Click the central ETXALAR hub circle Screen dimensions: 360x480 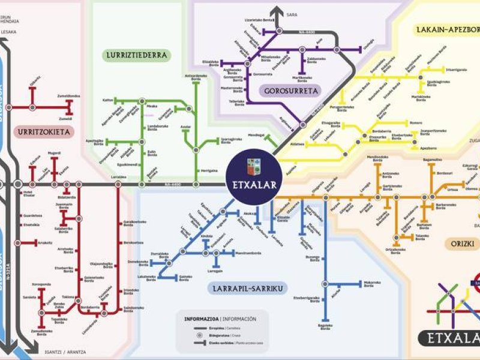click(x=254, y=178)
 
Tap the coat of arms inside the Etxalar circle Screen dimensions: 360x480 click(x=254, y=166)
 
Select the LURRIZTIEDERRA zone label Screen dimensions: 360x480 click(x=137, y=55)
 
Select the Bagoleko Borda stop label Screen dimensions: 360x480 click(x=325, y=326)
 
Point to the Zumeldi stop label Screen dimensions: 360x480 click(x=65, y=119)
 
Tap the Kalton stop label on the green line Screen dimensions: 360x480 click(x=108, y=100)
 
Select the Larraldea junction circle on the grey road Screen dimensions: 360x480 click(x=118, y=183)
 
